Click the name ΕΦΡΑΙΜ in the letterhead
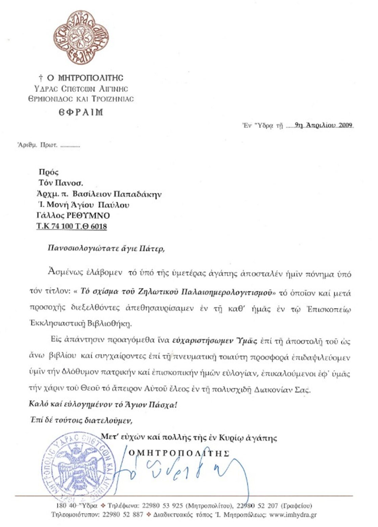(81, 112)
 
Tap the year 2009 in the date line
(346, 125)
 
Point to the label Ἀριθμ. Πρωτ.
(38, 146)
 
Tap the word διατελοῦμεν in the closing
(111, 421)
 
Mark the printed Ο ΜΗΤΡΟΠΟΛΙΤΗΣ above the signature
(179, 453)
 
